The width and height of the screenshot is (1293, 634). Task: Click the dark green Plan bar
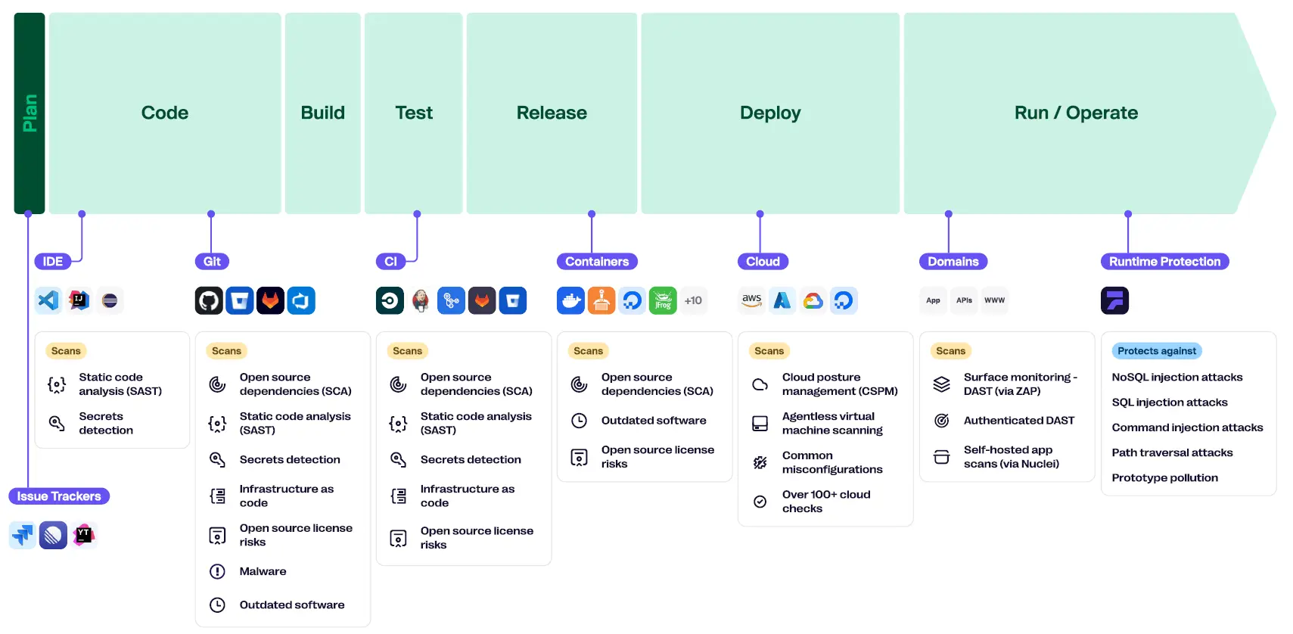coord(30,113)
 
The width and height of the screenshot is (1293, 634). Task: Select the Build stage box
coord(322,113)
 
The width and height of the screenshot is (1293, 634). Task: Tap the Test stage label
coord(414,113)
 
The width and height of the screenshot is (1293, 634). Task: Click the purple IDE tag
coord(52,262)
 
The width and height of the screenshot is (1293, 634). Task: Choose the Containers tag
coord(597,262)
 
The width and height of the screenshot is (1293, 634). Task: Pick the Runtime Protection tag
coord(1165,262)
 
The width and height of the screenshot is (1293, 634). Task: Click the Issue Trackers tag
coord(59,496)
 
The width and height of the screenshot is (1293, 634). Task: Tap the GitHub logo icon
coord(209,300)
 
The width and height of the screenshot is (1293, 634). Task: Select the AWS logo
coord(751,300)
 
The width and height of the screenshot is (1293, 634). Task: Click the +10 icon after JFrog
coord(693,300)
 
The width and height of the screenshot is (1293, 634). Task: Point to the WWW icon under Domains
coord(995,300)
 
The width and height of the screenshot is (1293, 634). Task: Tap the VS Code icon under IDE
coord(48,300)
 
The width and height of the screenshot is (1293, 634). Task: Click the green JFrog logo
coord(663,300)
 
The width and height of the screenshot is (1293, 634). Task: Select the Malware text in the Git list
coord(263,571)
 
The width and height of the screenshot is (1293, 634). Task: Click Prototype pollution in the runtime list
coord(1165,477)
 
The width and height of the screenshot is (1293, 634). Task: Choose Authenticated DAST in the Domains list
coord(1019,421)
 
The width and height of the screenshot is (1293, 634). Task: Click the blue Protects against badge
coord(1157,350)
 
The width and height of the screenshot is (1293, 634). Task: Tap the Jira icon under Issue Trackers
coord(23,535)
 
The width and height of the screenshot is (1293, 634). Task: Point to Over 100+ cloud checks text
coord(826,501)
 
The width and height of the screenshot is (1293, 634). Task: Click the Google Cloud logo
coord(813,300)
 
